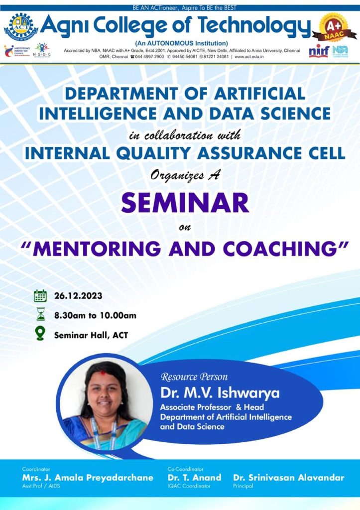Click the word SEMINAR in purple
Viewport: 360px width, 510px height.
(185, 203)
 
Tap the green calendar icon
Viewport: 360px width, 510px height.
(40, 296)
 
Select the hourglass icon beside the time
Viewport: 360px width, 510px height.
(40, 315)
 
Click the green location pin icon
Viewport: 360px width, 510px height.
(40, 334)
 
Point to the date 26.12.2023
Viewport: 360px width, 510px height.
(78, 296)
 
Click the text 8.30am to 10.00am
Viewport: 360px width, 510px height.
(95, 315)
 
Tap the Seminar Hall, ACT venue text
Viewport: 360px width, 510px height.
(91, 335)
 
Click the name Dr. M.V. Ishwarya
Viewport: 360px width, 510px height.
(220, 393)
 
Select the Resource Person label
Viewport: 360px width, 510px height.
(194, 377)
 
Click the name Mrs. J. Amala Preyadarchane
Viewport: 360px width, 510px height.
(87, 478)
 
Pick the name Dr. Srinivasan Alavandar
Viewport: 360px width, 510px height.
(288, 478)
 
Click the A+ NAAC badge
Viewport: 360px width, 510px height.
(334, 28)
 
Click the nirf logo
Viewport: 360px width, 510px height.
(319, 51)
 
